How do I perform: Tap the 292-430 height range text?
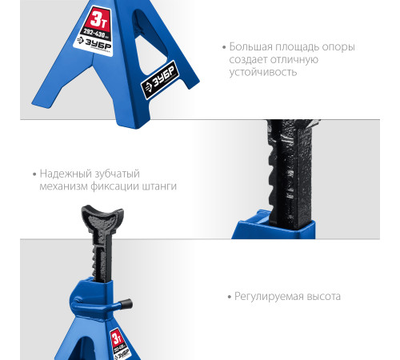(94, 36)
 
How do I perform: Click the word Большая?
(250, 46)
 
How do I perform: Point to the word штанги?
(159, 186)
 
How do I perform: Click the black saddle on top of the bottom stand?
(98, 217)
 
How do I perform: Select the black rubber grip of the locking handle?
(126, 302)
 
